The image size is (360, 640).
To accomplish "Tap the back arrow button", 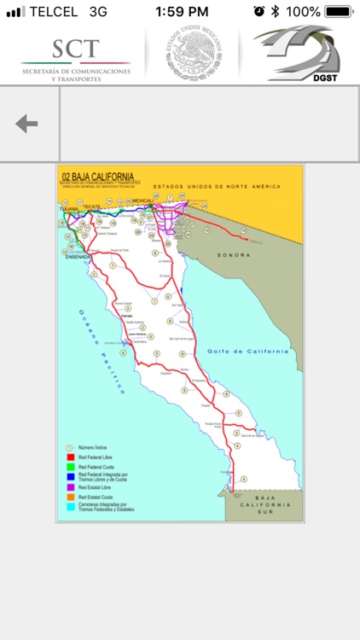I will (26, 124).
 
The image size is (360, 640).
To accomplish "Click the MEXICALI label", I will (142, 201).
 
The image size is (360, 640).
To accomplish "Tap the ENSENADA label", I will (78, 256).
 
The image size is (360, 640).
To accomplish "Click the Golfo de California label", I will (247, 351).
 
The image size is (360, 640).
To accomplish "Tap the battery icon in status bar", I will (338, 12).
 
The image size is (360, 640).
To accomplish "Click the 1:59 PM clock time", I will (182, 12).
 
